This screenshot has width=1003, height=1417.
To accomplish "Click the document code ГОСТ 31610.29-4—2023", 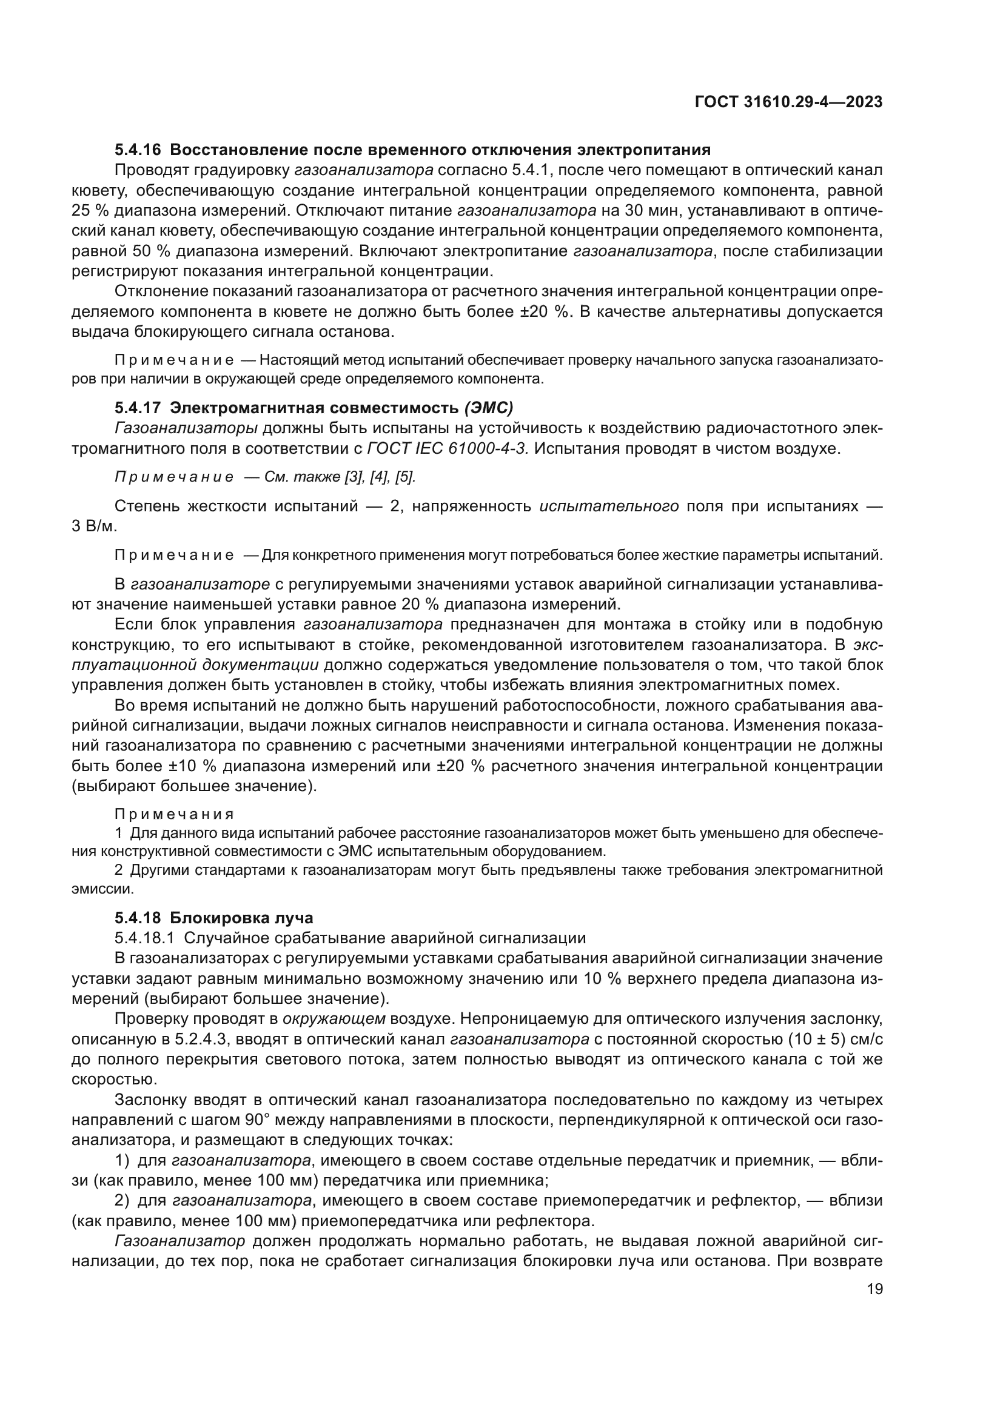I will point(789,102).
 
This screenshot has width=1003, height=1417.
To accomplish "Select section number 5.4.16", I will point(138,150).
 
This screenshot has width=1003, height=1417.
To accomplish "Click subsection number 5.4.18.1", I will point(145,938).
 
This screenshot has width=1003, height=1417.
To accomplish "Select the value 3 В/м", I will point(95,526).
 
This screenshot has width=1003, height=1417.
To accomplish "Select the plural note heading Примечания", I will point(175,814).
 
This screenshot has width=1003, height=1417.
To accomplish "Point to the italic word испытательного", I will point(609,506).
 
